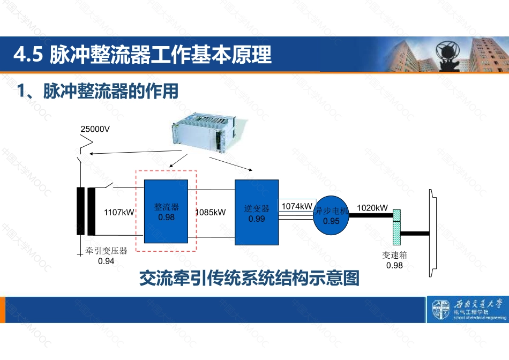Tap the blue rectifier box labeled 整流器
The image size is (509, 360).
(167, 211)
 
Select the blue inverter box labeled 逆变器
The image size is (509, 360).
(257, 212)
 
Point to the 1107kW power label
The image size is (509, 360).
(118, 212)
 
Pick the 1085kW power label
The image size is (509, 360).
(211, 212)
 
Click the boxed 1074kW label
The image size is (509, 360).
(297, 206)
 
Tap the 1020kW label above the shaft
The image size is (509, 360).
(372, 208)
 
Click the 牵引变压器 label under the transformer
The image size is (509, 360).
(106, 251)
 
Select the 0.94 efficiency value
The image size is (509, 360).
(106, 261)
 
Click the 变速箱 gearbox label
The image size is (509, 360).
(394, 255)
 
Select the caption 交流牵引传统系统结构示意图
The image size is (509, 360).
(249, 278)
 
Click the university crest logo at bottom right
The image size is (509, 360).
(440, 310)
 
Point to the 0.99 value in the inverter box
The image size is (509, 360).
(257, 219)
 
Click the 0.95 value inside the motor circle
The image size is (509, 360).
(332, 221)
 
